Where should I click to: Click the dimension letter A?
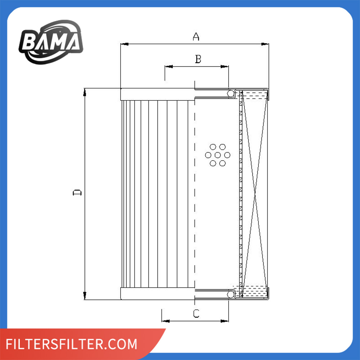[195, 36]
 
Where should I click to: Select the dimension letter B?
[198, 59]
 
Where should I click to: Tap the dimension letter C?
[196, 314]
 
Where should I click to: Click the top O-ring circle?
[230, 94]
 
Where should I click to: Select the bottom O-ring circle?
[230, 294]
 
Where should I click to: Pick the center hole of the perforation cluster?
[218, 155]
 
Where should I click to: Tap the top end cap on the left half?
[157, 94]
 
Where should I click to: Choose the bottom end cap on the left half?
[157, 294]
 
